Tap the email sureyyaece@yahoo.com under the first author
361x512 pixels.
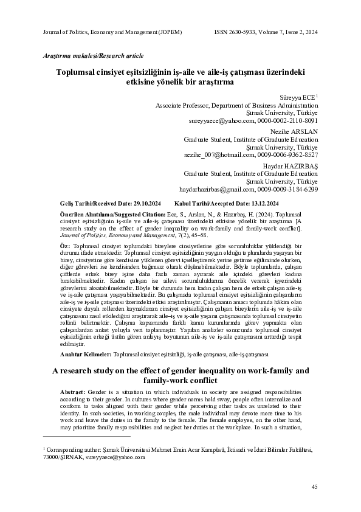(215, 121)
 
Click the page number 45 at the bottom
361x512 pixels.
(314, 486)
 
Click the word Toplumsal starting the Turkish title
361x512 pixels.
(77, 71)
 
